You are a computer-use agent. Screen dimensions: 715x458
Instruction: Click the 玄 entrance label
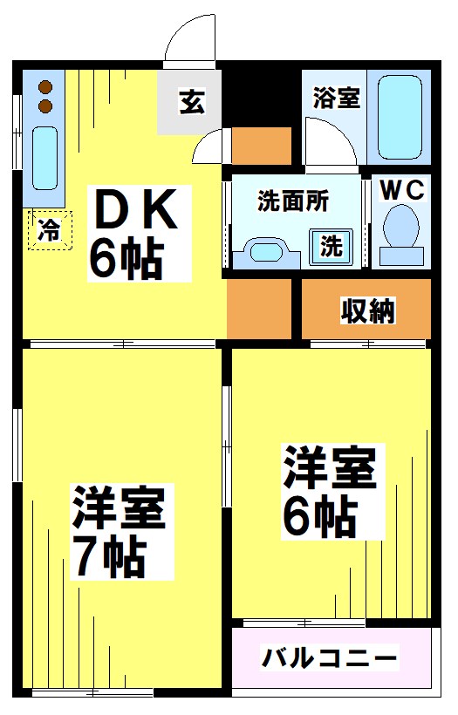pos(191,102)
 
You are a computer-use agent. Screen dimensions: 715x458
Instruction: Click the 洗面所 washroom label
pos(293,200)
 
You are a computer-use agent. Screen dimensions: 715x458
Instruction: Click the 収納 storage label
pos(367,310)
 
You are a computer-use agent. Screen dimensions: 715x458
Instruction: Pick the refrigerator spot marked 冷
pos(50,230)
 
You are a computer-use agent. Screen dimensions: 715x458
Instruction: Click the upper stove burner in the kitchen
pos(46,88)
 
